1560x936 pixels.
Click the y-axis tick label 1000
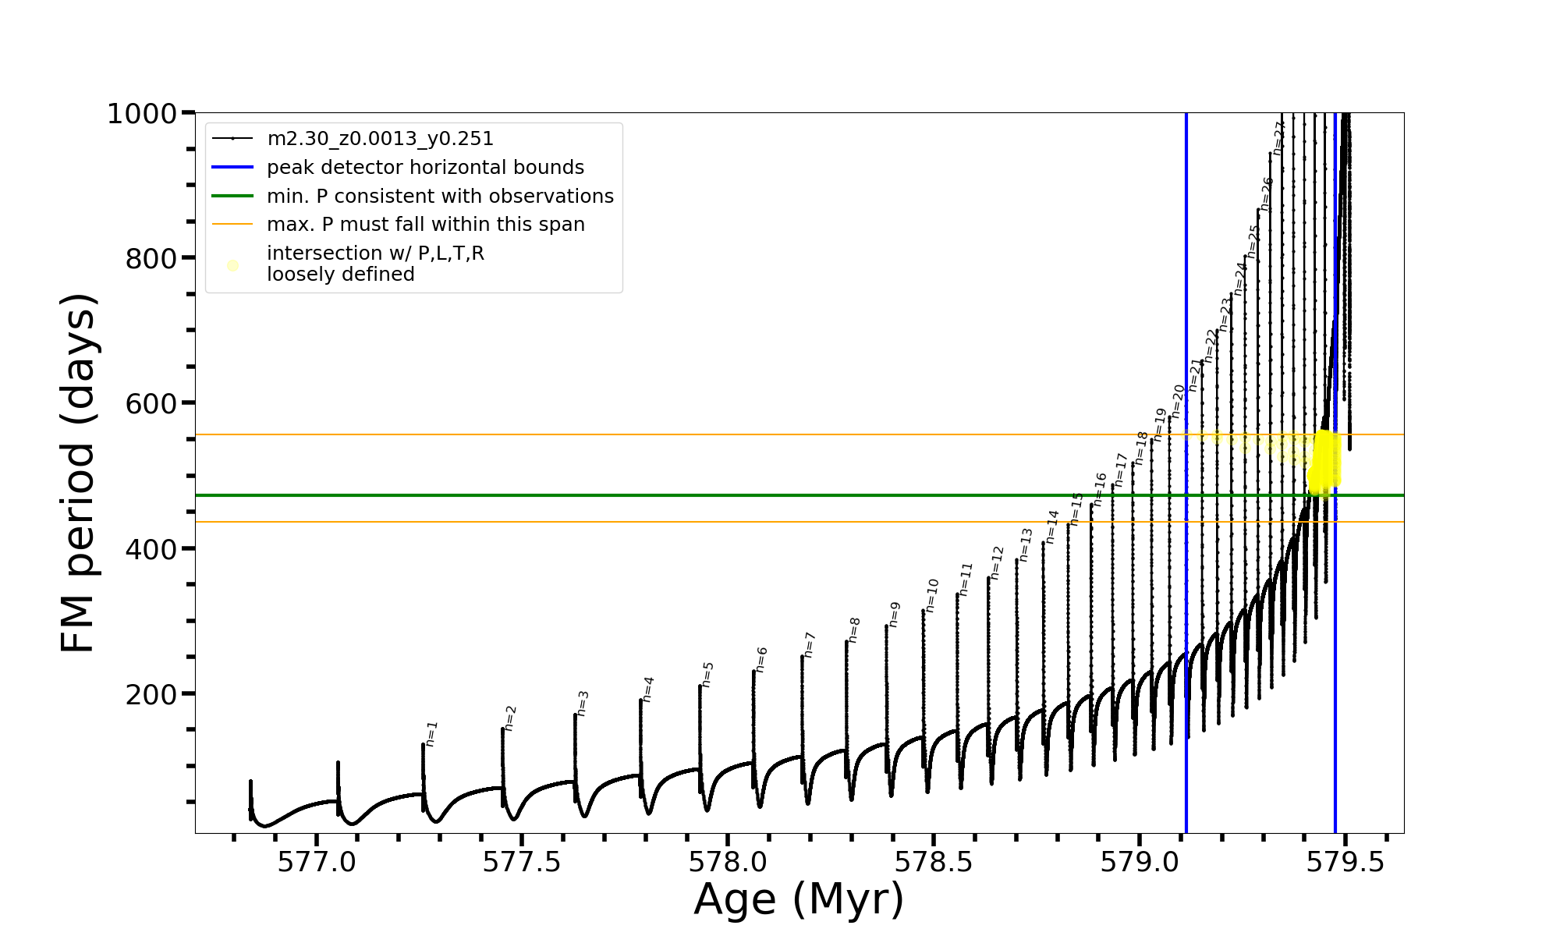(141, 114)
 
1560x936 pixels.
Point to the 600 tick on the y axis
(151, 403)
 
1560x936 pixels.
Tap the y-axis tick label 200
(151, 693)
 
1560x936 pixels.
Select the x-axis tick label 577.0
(317, 861)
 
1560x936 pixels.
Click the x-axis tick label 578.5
(934, 861)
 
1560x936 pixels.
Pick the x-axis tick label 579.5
(1345, 861)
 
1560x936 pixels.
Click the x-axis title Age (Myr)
(799, 899)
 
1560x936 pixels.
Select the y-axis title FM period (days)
(79, 473)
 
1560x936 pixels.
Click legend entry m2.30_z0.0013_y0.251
(380, 139)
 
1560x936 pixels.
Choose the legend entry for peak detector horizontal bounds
(425, 168)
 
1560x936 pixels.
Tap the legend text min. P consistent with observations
(440, 197)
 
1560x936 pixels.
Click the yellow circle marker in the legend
(232, 266)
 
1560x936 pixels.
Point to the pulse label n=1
(432, 734)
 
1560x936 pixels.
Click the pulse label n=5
(707, 674)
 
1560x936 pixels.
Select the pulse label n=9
(895, 614)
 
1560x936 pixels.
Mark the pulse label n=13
(1026, 544)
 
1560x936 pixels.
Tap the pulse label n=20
(1178, 401)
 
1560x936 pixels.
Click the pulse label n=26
(1267, 193)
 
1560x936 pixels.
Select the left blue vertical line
(1186, 624)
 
